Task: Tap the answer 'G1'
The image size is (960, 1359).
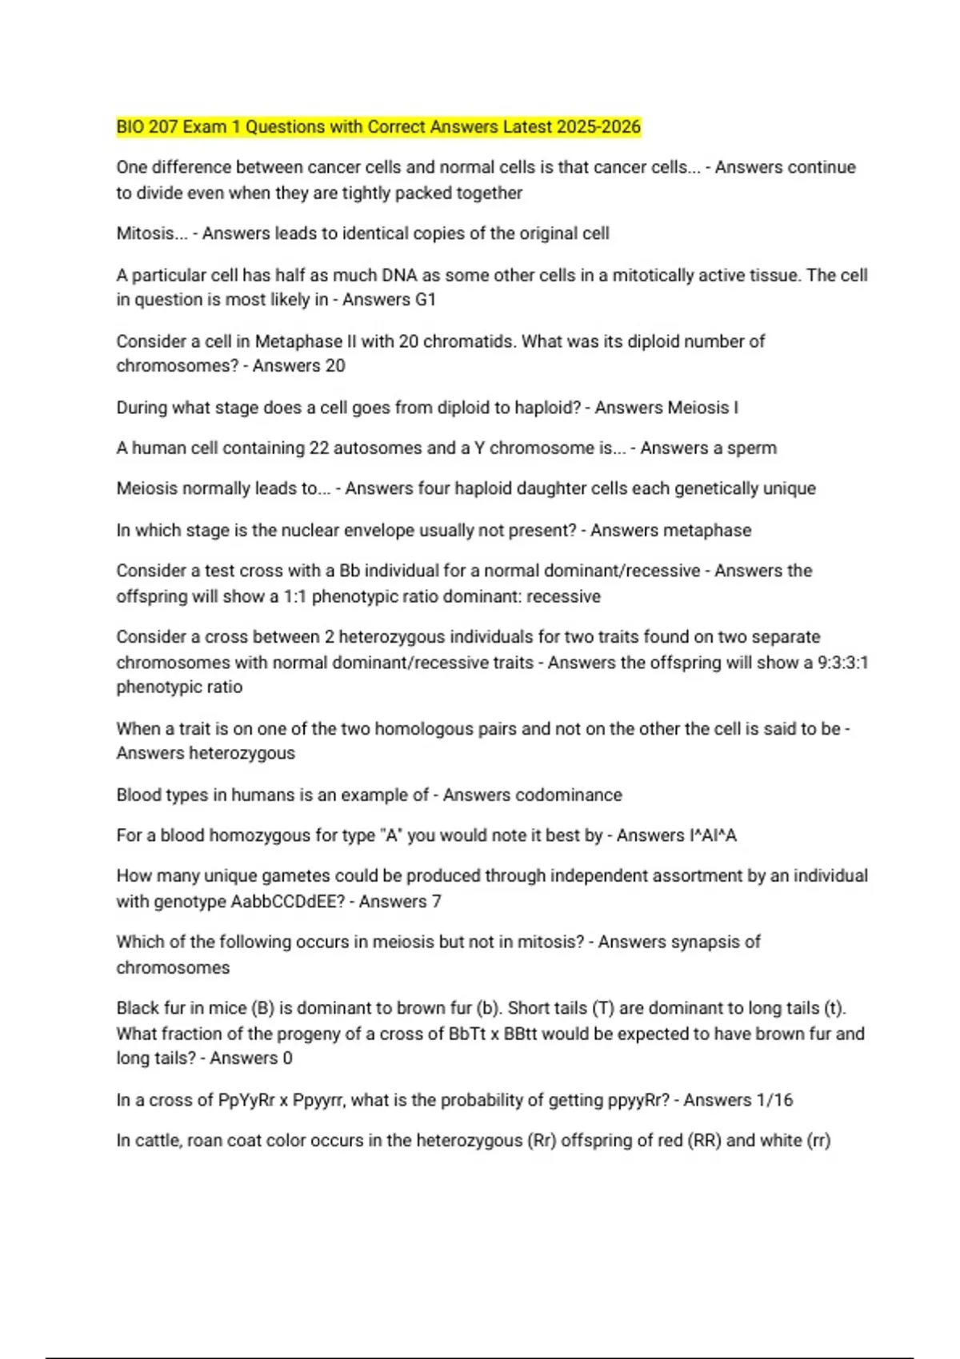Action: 425,300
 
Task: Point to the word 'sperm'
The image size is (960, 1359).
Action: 751,448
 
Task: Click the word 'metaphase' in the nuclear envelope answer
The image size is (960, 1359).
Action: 710,530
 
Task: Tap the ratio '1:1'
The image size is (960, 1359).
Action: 295,596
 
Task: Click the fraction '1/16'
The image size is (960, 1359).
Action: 774,1100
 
